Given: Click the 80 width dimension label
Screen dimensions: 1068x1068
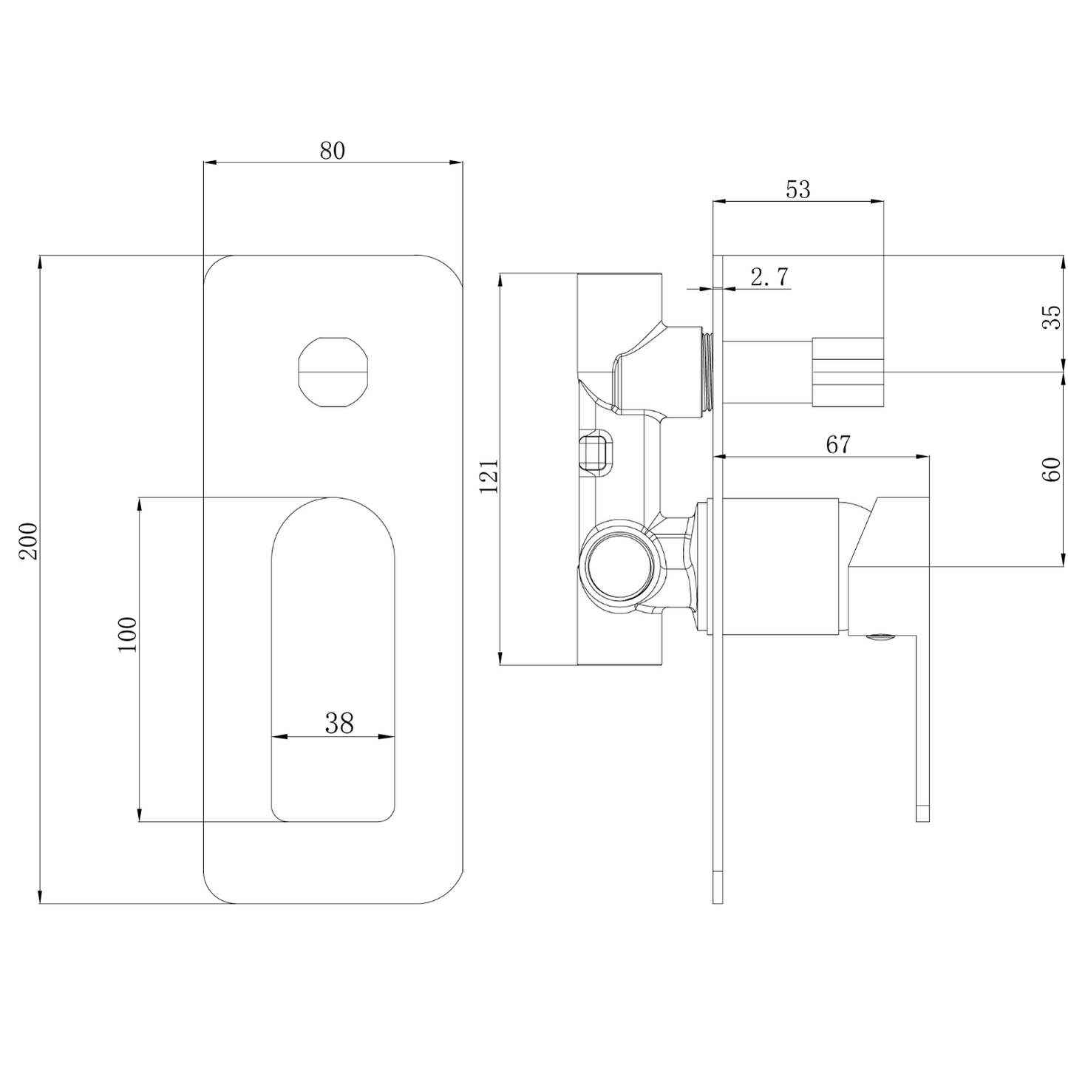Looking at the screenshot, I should tap(332, 150).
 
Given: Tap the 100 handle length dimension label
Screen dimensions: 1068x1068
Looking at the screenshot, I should tap(128, 633).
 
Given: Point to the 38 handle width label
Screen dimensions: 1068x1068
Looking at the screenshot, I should tap(339, 723).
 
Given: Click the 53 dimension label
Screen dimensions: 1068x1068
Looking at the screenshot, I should tap(797, 189).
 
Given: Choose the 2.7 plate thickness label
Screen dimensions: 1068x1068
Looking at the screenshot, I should tap(769, 277).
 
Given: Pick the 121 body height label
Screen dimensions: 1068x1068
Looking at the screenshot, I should tap(489, 476).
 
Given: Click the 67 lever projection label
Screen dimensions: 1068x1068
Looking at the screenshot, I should tap(838, 444).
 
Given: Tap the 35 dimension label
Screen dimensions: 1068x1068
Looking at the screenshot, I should tap(1052, 316).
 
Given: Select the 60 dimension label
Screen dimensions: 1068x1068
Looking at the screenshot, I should tap(1052, 469).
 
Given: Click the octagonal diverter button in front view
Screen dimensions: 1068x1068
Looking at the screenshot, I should tap(332, 373).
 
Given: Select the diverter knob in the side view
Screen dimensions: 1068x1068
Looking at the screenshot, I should tap(848, 372).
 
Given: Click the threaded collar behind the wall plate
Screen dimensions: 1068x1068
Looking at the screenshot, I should tap(708, 372).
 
